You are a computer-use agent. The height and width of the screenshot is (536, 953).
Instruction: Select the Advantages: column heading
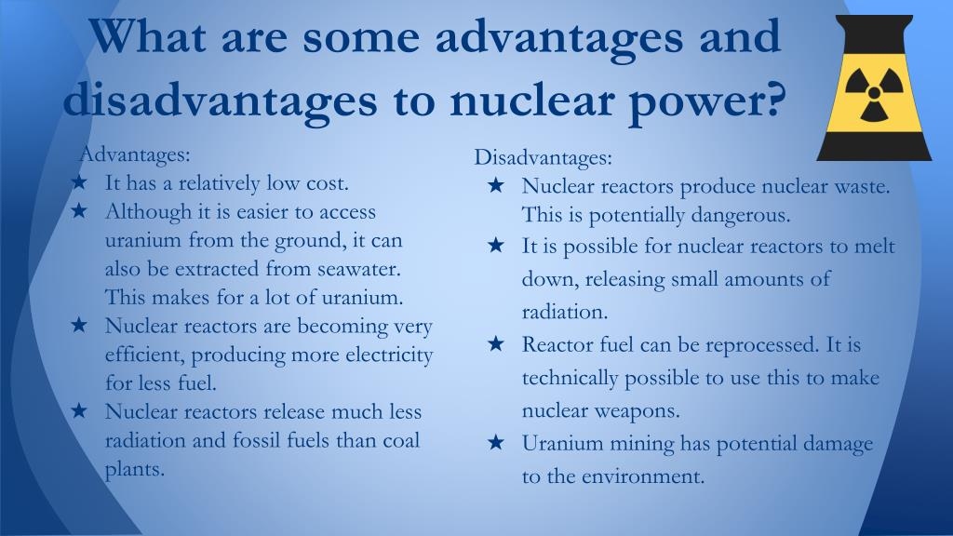coord(135,154)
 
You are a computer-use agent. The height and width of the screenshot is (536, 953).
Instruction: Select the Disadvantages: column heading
coord(543,157)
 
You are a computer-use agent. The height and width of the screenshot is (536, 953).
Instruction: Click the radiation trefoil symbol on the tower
coord(873,94)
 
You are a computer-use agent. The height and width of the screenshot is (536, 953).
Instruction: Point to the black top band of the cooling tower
coord(874,36)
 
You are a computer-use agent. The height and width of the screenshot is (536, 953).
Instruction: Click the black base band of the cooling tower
coord(874,146)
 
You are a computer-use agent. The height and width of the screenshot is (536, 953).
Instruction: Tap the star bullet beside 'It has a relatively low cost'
coord(79,181)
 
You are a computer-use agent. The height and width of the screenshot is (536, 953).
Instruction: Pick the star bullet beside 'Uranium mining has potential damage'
coord(496,442)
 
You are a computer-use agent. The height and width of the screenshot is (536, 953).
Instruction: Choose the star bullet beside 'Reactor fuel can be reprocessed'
coord(496,343)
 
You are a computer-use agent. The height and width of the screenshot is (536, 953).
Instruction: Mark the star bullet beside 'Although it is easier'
coord(79,210)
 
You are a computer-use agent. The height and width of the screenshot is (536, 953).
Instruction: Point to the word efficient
coord(144,355)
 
